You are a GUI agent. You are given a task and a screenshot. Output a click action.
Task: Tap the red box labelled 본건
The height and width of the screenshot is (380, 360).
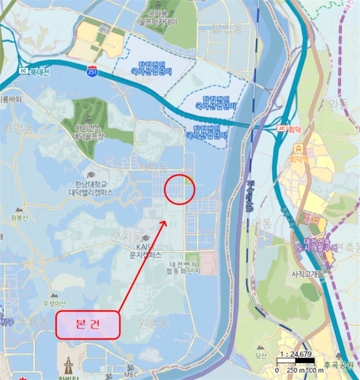pos(87,325)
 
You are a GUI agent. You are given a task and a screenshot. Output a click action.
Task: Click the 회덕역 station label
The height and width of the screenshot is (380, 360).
pos(298,160)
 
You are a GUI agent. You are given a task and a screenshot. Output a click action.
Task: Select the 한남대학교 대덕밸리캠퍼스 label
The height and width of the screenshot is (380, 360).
pos(91,188)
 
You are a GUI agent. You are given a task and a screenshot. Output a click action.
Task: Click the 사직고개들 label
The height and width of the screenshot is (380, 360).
pos(307,274)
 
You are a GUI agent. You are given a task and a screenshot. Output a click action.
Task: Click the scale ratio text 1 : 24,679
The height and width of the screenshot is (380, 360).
pos(296,354)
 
